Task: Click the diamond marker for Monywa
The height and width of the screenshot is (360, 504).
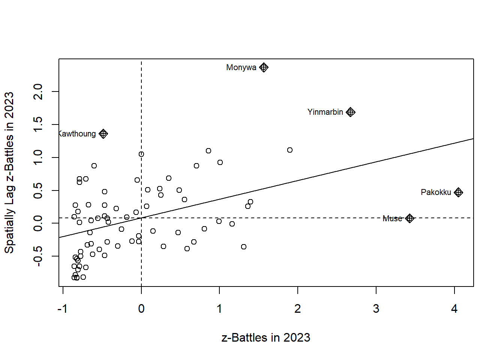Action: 264,67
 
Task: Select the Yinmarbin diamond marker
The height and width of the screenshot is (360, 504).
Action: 350,112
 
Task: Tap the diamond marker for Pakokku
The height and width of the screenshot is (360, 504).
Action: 458,192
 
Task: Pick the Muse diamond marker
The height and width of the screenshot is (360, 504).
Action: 409,218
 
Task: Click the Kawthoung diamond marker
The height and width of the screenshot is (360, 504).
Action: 103,133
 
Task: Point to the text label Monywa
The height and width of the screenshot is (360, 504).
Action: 241,67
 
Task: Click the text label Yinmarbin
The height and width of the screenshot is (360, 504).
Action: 325,112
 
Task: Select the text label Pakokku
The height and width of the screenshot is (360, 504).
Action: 436,192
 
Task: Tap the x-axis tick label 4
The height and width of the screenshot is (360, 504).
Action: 454,309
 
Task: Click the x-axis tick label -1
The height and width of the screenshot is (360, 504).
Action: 62,309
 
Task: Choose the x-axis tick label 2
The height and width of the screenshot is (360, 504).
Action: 297,309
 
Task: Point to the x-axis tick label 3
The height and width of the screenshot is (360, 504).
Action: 376,309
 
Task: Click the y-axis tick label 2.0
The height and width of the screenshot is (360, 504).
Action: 38,91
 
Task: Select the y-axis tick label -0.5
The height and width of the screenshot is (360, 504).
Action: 38,256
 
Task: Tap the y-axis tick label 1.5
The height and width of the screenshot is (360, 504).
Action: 38,124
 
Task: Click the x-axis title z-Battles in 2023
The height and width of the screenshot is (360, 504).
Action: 266,337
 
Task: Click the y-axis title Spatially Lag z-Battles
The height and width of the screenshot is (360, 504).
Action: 9,172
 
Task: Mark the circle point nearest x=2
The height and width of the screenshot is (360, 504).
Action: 289,150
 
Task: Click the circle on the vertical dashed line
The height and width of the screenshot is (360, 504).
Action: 141,154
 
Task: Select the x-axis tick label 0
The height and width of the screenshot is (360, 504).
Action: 141,309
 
